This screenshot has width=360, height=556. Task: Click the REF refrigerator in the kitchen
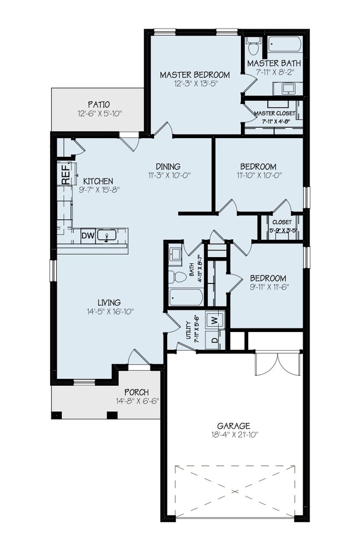[x=66, y=174]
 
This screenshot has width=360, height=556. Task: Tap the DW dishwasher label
[x=87, y=236]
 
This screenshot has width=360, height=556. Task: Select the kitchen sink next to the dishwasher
[x=107, y=236]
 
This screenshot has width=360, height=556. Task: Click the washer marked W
[x=215, y=319]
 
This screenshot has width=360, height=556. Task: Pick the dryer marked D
[x=215, y=340]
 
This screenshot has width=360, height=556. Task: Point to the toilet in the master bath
[x=253, y=47]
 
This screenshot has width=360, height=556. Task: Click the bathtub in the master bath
[x=284, y=45]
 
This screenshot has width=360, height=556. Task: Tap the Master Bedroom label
[x=194, y=75]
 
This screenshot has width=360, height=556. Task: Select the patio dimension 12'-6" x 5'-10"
[x=99, y=114]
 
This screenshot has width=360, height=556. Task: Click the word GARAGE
[x=233, y=426]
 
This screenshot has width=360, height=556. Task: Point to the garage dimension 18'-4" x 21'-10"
[x=233, y=435]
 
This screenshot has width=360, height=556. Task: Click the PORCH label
[x=136, y=392]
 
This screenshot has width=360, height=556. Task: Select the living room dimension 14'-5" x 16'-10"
[x=109, y=311]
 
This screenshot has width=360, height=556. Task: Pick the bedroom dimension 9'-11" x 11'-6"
[x=268, y=287]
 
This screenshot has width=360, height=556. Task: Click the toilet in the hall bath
[x=178, y=276]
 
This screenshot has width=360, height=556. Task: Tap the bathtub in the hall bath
[x=185, y=297]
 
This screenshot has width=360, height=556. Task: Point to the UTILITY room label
[x=189, y=331]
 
